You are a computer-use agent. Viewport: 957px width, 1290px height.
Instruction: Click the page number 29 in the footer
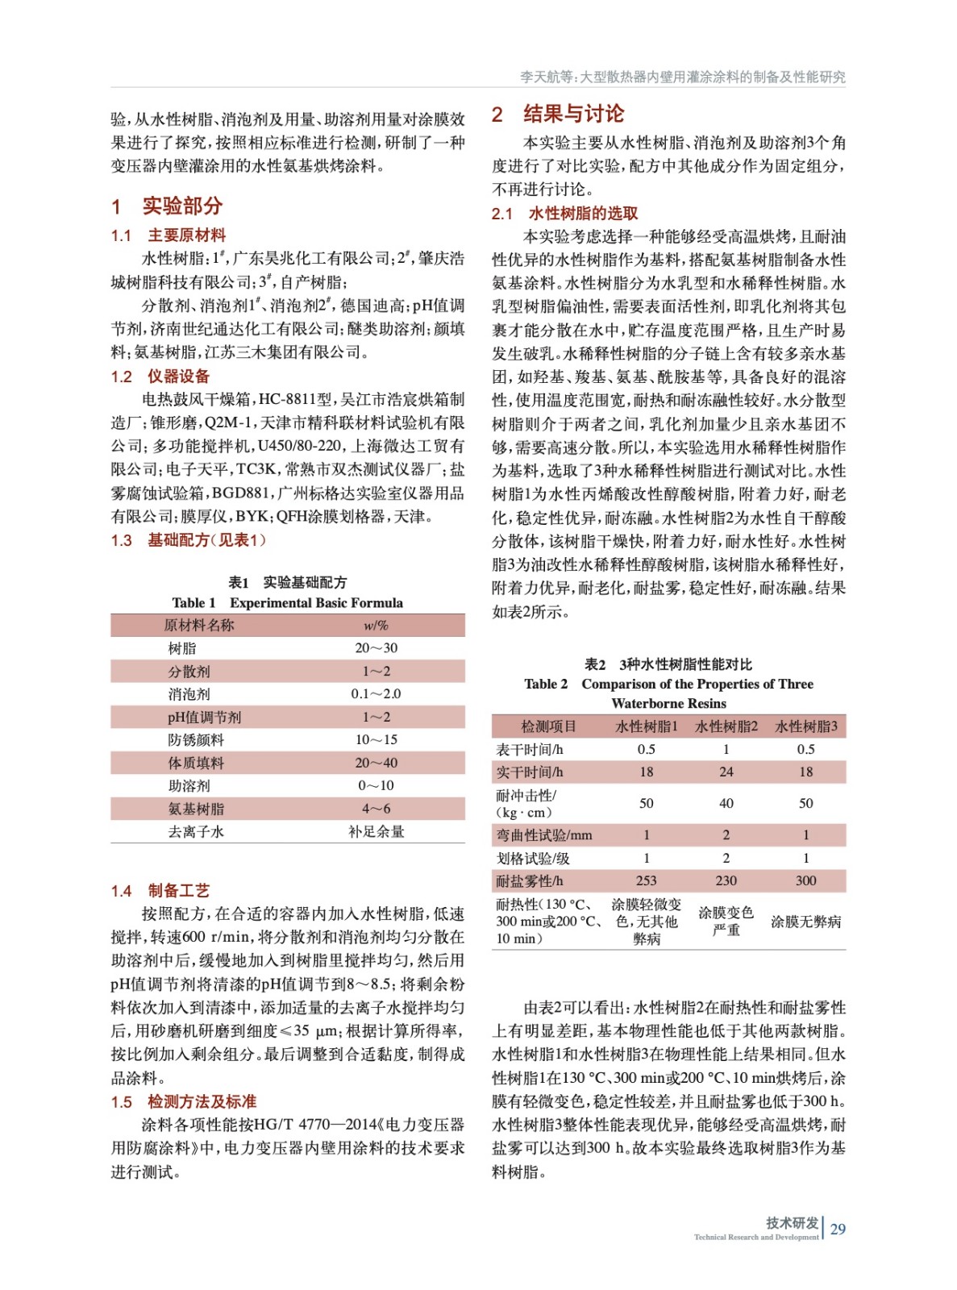coord(838,1229)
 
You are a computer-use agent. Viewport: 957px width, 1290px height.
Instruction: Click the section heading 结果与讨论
coord(572,114)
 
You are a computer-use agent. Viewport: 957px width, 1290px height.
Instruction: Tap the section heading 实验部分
coord(182,206)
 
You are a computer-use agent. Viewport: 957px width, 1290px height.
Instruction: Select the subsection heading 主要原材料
coord(186,235)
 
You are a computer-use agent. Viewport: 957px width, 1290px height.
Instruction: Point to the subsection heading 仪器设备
coord(178,377)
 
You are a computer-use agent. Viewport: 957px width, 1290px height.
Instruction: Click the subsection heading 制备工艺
coord(178,890)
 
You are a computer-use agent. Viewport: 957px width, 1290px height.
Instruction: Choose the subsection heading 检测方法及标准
coord(202,1101)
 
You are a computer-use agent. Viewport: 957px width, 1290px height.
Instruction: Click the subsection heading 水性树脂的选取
coord(583,213)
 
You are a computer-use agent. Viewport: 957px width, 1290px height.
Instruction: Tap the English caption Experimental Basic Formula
coord(316,602)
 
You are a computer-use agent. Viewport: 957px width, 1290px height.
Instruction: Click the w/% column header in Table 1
coord(376,625)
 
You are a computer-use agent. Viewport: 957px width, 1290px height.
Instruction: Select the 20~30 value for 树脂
coord(376,648)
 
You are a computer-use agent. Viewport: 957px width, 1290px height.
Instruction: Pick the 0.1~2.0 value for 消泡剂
coord(376,693)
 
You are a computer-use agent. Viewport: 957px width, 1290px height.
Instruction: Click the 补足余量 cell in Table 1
coord(376,831)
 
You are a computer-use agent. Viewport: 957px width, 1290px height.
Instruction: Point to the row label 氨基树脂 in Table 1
coord(196,809)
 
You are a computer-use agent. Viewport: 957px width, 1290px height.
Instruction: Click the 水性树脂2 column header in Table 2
coord(726,726)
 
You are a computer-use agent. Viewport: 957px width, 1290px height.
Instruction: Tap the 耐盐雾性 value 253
coord(646,880)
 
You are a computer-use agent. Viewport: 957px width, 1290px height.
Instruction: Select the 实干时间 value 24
coord(726,772)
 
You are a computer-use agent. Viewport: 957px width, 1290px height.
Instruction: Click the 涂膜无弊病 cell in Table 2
coord(805,921)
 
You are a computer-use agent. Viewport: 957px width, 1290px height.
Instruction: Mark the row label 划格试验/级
coord(533,858)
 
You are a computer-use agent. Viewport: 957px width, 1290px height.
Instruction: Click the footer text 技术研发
coord(792,1222)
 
